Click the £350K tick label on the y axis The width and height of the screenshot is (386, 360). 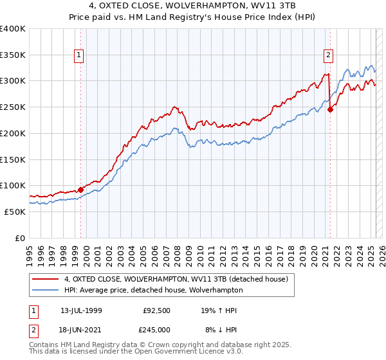13,55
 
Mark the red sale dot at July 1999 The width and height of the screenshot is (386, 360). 81,190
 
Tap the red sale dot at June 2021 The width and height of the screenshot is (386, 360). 330,110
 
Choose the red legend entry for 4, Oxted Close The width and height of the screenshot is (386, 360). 179,278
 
